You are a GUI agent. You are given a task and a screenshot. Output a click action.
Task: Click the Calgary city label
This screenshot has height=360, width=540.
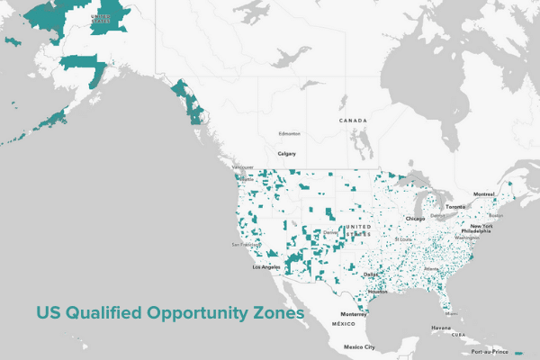coord(287,154)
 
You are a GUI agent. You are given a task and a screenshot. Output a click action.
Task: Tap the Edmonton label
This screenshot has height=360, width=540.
coord(289,134)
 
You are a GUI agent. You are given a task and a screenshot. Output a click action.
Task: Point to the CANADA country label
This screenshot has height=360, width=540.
coord(353,120)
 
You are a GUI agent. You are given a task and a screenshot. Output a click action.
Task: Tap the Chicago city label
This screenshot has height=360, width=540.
coord(415,218)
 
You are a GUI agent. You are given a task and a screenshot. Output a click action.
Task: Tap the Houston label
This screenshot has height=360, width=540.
coord(378,292)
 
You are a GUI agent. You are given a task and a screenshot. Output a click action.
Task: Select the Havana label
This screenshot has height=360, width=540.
coord(441,328)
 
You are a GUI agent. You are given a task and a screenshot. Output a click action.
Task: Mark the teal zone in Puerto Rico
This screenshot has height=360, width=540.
coord(522,352)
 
